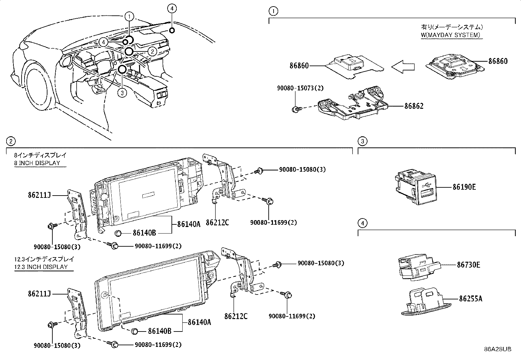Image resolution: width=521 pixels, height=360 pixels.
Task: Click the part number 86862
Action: (x=414, y=106)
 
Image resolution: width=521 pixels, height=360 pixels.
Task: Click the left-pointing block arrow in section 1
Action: (x=403, y=67)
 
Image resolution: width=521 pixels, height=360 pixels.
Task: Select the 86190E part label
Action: (x=464, y=187)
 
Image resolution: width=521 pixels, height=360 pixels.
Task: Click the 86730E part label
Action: (x=468, y=265)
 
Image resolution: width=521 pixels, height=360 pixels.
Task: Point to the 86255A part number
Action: (x=470, y=299)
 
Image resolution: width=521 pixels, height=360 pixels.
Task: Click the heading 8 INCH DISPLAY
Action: (x=37, y=163)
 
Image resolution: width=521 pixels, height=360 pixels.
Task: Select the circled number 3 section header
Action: (x=362, y=142)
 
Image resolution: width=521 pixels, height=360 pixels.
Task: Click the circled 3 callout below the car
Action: (x=122, y=93)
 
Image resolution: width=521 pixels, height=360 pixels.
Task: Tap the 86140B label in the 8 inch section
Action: (x=144, y=233)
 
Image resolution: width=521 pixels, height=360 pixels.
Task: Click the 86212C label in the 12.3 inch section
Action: (x=236, y=316)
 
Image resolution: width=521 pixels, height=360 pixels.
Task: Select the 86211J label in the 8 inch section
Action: (x=39, y=196)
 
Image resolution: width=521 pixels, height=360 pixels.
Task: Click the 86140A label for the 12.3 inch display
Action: (x=199, y=322)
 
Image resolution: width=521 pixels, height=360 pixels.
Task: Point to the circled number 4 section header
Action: (x=362, y=223)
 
